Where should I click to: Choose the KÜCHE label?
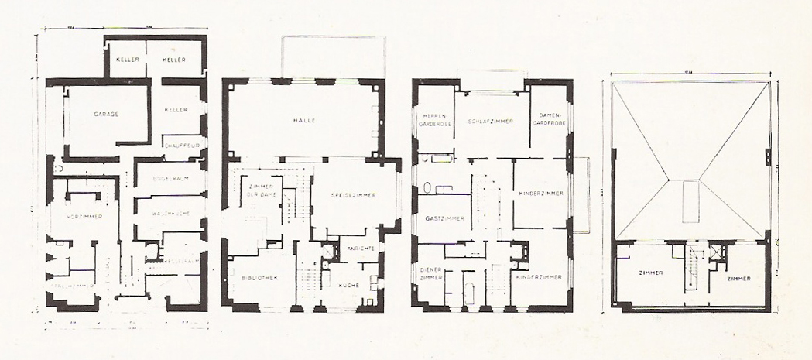[349, 285]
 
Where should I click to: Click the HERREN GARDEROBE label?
[431, 120]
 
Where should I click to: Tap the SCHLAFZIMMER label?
[491, 122]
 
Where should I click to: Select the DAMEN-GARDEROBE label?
[549, 120]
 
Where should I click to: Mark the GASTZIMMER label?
[445, 219]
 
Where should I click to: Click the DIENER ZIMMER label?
[429, 272]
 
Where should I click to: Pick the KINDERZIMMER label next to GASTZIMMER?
[541, 193]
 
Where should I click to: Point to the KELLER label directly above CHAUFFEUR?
[176, 110]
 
